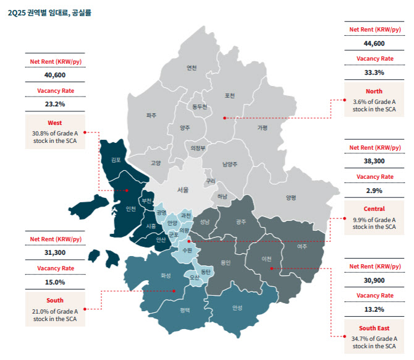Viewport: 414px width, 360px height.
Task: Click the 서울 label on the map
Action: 183,190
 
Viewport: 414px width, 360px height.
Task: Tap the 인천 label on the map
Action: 130,208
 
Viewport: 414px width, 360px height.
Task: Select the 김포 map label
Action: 116,160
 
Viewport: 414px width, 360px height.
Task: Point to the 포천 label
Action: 230,95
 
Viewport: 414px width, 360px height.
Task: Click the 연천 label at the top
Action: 192,68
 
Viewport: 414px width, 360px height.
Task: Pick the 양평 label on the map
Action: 291,197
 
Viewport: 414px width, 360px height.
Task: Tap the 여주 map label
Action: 302,247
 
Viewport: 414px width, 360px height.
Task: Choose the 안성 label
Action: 238,307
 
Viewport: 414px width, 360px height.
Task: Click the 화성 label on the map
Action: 165,276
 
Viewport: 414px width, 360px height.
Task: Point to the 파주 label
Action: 151,115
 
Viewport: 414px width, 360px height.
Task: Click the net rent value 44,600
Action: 374,43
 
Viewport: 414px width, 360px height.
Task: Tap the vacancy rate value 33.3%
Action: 374,72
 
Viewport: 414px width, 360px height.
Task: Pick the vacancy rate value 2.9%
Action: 374,191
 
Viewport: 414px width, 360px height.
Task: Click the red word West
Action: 55,122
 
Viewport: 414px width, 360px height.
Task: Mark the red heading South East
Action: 374,328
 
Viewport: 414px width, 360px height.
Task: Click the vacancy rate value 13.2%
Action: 374,309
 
